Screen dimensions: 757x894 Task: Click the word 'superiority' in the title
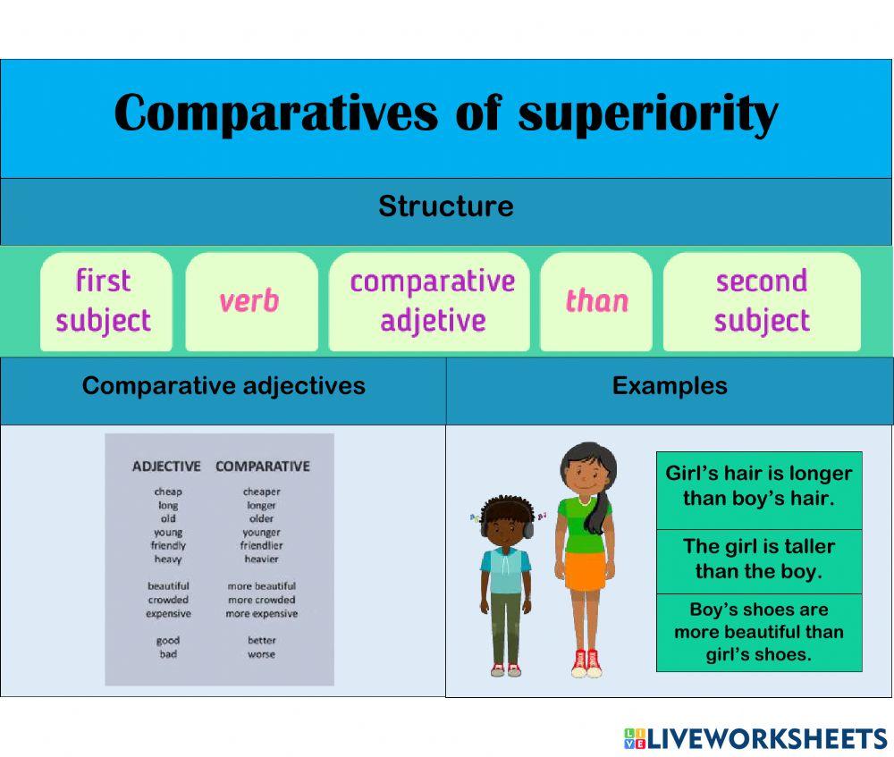(x=648, y=114)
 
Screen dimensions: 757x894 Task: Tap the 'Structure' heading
(x=446, y=206)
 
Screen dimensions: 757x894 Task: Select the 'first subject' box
(x=105, y=300)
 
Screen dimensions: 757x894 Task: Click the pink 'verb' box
(x=249, y=301)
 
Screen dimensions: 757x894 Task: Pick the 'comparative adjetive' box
(x=432, y=300)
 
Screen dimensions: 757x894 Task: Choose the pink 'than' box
(x=596, y=301)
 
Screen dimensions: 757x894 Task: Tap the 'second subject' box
(x=762, y=300)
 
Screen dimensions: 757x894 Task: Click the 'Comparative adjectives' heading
(x=223, y=385)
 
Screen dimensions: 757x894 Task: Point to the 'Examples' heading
(x=670, y=385)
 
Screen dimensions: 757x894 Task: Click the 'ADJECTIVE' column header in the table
(x=166, y=466)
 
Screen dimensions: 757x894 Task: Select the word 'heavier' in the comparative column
(x=261, y=559)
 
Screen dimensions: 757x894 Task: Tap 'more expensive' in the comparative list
(x=261, y=614)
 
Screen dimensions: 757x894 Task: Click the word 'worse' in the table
(x=261, y=654)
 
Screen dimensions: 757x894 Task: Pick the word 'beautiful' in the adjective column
(x=168, y=586)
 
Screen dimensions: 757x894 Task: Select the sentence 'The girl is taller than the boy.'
(x=759, y=559)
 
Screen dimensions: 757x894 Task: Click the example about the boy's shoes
(x=759, y=632)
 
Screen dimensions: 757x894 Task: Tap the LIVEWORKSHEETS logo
(x=755, y=737)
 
